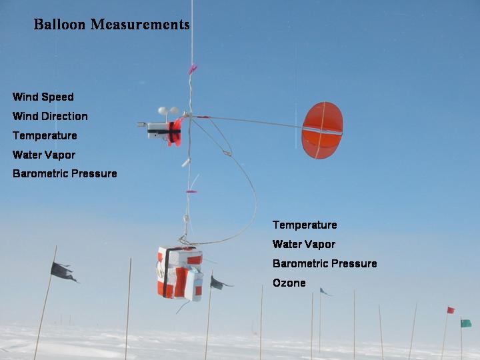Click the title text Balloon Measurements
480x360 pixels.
click(x=111, y=24)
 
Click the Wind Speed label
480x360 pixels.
click(x=43, y=97)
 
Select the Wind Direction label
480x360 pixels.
click(x=50, y=116)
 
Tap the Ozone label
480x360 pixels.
click(x=289, y=283)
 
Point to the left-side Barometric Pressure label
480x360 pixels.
click(x=65, y=173)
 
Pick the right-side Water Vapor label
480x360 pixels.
click(x=304, y=244)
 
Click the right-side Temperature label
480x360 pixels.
click(x=305, y=225)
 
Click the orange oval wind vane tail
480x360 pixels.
click(x=322, y=131)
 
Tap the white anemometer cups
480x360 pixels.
click(x=169, y=111)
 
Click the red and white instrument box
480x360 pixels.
click(x=180, y=273)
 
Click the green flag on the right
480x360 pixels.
click(x=466, y=323)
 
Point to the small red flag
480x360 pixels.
click(x=451, y=310)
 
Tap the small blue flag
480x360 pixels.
click(x=324, y=292)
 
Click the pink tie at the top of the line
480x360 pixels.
click(x=192, y=69)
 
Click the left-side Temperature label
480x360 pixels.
click(x=45, y=135)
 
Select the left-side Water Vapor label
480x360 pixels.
click(x=44, y=155)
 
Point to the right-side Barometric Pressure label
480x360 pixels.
click(x=325, y=263)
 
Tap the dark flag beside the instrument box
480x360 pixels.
click(x=220, y=283)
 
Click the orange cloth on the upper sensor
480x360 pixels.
click(x=175, y=133)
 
